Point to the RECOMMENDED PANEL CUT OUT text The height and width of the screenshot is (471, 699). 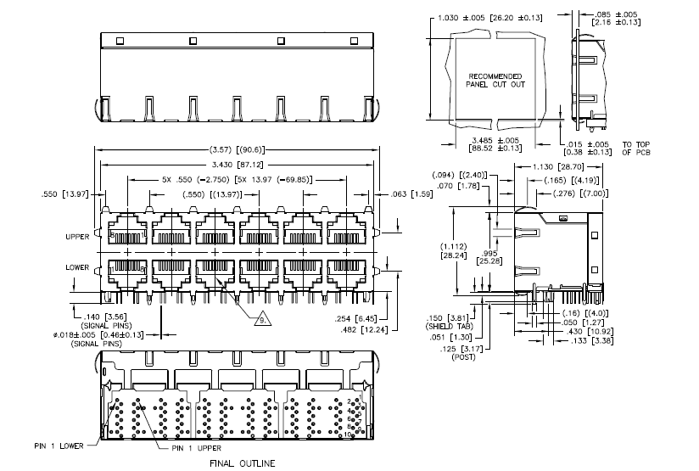point(495,79)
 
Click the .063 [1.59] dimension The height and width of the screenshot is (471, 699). point(408,194)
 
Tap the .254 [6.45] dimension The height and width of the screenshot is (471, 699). point(358,317)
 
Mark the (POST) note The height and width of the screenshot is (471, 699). point(456,356)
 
